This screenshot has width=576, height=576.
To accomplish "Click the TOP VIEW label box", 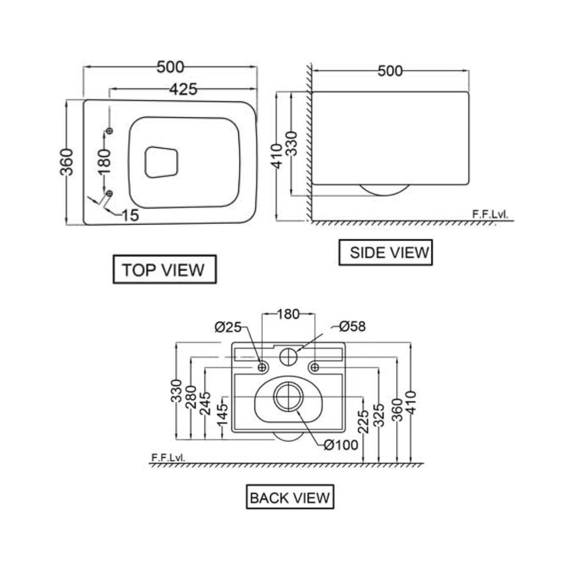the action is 164,269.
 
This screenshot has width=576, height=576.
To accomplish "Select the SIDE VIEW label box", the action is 386,252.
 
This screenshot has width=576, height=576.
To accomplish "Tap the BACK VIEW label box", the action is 290,497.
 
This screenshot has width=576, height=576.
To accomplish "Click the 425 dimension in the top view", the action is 183,89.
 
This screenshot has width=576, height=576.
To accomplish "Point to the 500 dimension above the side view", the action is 390,71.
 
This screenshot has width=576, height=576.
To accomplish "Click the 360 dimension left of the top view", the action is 67,162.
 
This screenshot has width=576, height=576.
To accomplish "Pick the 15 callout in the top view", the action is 131,215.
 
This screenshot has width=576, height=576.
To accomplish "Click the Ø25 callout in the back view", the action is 228,327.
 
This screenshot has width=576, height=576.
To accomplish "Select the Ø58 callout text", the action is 353,326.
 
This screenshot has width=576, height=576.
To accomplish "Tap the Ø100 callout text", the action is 341,445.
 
